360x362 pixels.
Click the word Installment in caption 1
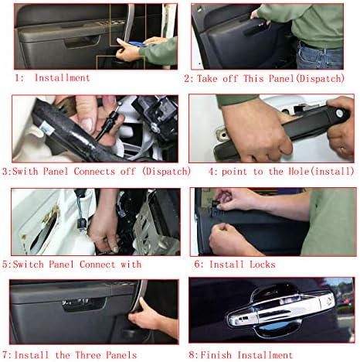(x=62, y=78)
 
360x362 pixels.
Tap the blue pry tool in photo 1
(x=138, y=43)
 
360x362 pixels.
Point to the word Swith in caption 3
(x=25, y=171)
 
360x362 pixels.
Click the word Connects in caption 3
(x=94, y=171)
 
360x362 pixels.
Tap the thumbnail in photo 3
(x=87, y=125)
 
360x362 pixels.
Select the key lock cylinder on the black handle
(x=340, y=113)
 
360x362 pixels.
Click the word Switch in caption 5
(x=29, y=265)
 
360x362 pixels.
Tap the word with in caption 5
(x=131, y=265)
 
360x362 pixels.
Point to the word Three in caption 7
(x=88, y=355)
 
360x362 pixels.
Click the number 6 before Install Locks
(x=197, y=265)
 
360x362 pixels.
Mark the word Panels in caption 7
(x=121, y=355)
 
